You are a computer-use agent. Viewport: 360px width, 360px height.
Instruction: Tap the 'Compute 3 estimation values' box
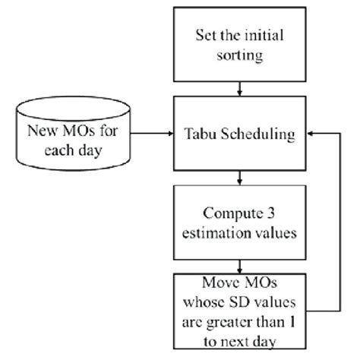(240, 221)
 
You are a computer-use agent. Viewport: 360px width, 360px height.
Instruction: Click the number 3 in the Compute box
(269, 212)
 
